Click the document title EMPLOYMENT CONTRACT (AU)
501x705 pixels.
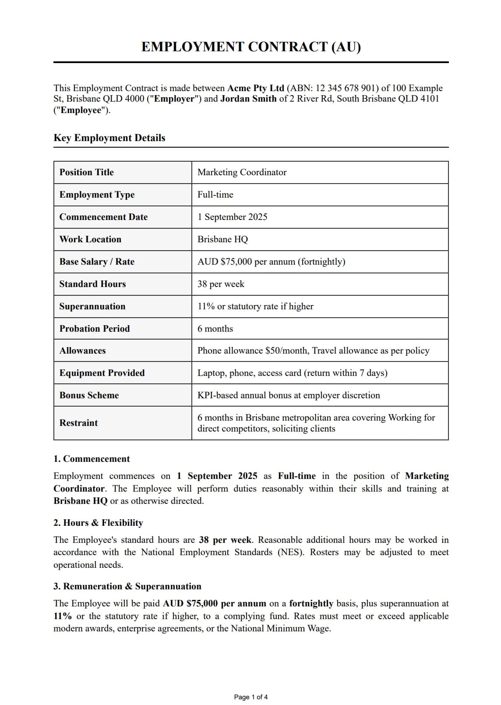point(251,46)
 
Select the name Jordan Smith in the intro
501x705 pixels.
point(248,99)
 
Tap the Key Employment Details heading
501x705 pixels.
point(109,138)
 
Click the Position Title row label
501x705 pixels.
point(87,172)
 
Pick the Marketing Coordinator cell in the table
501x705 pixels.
point(242,172)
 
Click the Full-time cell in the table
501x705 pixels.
point(215,195)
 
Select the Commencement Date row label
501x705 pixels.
point(104,217)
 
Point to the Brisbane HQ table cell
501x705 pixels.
point(222,239)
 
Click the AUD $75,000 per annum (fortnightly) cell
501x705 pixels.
point(271,262)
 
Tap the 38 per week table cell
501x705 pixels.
point(221,284)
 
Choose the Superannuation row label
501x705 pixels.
point(92,306)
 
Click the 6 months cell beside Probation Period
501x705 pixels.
point(215,329)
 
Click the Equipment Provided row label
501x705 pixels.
point(102,373)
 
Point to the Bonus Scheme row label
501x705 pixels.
point(89,395)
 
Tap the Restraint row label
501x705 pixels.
point(79,423)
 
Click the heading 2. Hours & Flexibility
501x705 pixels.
point(98,523)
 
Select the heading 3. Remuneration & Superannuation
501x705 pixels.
point(127,586)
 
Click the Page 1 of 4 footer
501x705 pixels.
point(250,697)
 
